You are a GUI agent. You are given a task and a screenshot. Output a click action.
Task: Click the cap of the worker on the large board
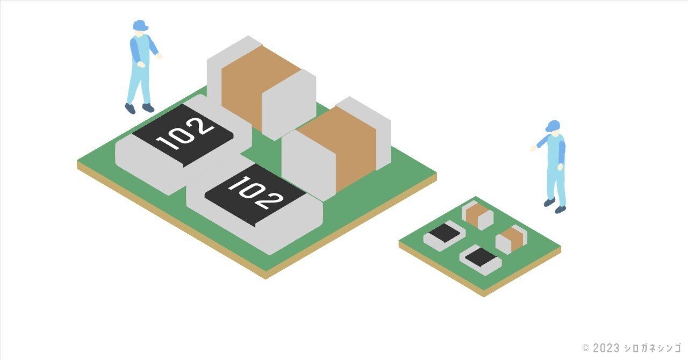point(140,25)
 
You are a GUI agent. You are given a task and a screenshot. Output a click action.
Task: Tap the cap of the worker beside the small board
point(553,126)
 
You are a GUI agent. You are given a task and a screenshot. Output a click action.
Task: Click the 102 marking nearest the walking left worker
point(185,134)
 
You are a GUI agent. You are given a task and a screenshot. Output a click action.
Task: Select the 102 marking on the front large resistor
point(255,193)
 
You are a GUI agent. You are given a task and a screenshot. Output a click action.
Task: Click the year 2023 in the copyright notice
point(606,348)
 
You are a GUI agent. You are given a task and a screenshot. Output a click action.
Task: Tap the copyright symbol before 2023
point(586,348)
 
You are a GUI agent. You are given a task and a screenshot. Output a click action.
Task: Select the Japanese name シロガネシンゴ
point(653,348)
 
